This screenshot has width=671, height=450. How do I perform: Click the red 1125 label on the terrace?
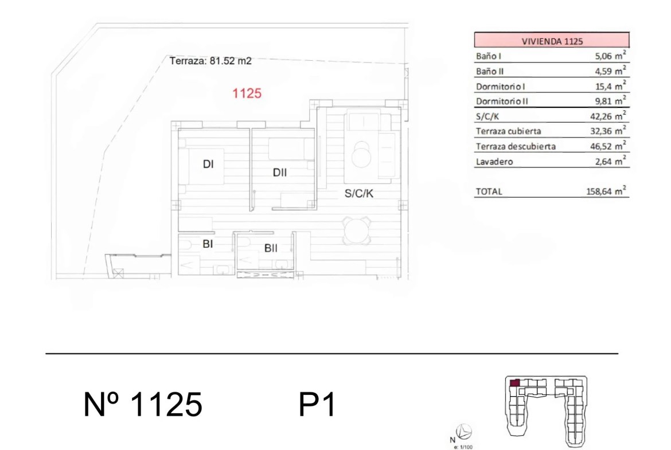pyautogui.click(x=247, y=93)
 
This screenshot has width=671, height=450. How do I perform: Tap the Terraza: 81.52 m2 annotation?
pyautogui.click(x=210, y=61)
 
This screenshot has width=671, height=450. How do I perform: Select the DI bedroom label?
pyautogui.click(x=208, y=164)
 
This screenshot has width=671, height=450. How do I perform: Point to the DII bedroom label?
pyautogui.click(x=279, y=173)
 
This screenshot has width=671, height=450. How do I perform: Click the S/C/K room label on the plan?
pyautogui.click(x=358, y=193)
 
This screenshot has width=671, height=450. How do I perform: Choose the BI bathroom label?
pyautogui.click(x=208, y=244)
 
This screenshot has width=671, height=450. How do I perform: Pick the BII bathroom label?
pyautogui.click(x=271, y=248)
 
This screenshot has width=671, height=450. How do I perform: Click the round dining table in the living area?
pyautogui.click(x=357, y=231)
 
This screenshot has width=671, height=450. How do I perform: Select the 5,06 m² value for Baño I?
pyautogui.click(x=610, y=55)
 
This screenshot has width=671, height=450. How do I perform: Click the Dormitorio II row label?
pyautogui.click(x=502, y=101)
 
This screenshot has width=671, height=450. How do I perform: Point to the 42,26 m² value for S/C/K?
pyautogui.click(x=608, y=115)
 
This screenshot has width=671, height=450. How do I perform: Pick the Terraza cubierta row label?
pyautogui.click(x=508, y=131)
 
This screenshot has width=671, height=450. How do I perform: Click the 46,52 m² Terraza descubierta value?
pyautogui.click(x=608, y=146)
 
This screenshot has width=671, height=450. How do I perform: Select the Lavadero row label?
pyautogui.click(x=494, y=162)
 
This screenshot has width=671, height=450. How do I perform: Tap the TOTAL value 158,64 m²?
pyautogui.click(x=606, y=191)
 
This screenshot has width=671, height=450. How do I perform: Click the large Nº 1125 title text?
pyautogui.click(x=142, y=404)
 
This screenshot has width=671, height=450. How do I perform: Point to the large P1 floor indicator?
pyautogui.click(x=317, y=404)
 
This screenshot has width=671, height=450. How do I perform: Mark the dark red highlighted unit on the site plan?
pyautogui.click(x=515, y=383)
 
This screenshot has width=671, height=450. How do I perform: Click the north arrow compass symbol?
pyautogui.click(x=464, y=432)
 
